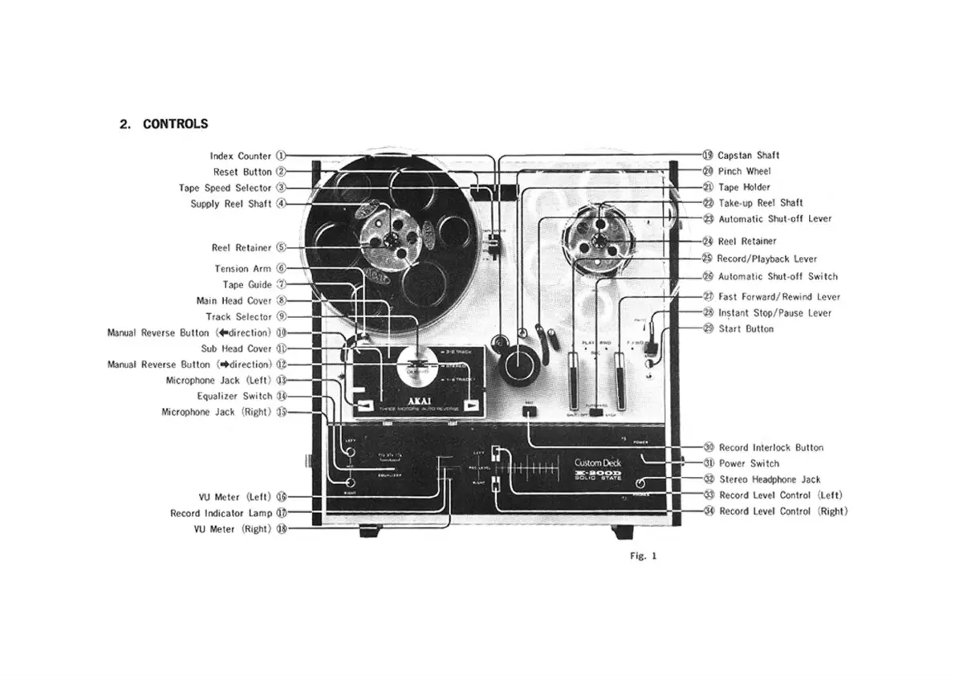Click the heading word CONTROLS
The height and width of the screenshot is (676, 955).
175,124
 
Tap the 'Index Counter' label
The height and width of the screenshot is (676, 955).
241,157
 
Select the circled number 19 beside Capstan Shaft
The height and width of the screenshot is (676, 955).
708,156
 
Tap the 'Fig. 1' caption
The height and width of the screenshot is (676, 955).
644,556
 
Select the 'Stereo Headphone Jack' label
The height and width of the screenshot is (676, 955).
770,479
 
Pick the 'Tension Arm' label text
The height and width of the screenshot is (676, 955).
242,269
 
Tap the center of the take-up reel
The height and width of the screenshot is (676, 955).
599,240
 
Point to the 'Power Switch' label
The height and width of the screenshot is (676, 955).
749,463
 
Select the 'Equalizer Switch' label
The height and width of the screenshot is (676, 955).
234,397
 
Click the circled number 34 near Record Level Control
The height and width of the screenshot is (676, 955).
709,511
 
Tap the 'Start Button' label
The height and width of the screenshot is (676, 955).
746,329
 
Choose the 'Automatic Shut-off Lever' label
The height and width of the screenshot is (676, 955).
774,218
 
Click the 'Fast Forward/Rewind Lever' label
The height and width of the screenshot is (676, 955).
779,297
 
